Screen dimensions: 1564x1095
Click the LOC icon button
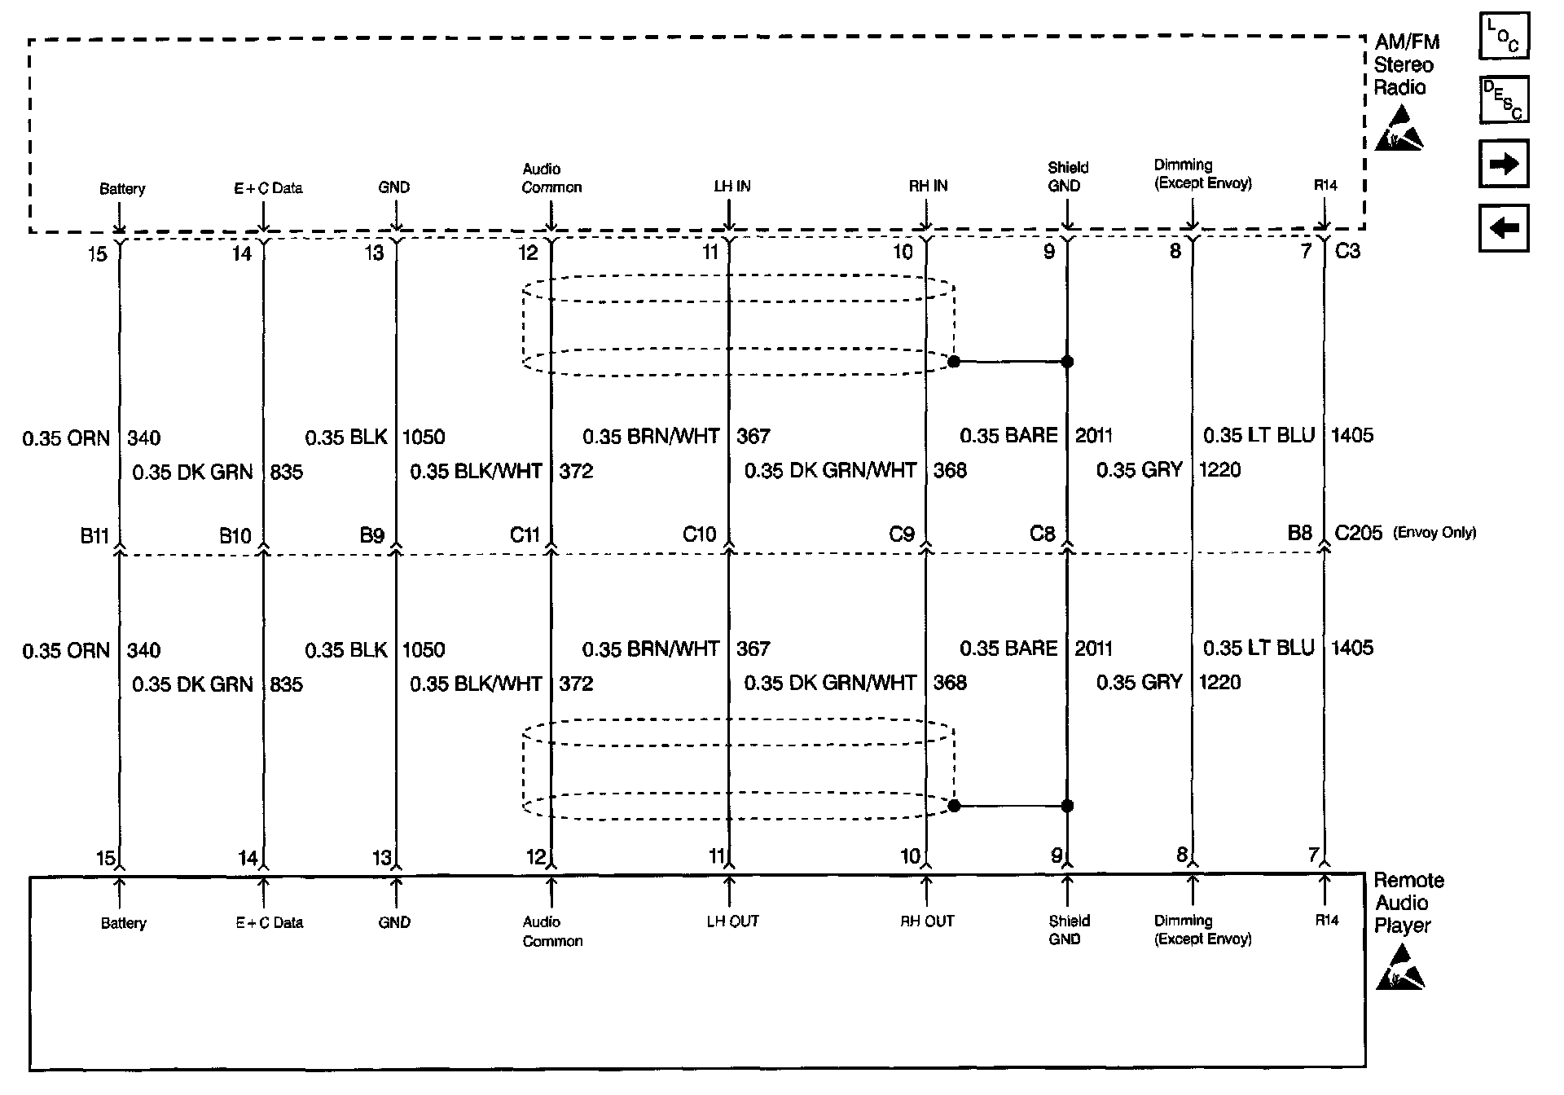pyautogui.click(x=1503, y=37)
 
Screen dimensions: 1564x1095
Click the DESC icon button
pyautogui.click(x=1503, y=99)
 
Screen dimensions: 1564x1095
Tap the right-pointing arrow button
pyautogui.click(x=1503, y=164)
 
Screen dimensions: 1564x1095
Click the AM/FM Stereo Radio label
pyautogui.click(x=1406, y=65)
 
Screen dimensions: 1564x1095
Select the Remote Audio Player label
pyautogui.click(x=1408, y=903)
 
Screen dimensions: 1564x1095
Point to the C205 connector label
pyautogui.click(x=1358, y=533)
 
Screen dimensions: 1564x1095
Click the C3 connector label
pyautogui.click(x=1347, y=251)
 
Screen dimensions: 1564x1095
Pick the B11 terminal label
pyautogui.click(x=94, y=535)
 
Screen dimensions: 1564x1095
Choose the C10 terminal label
pyautogui.click(x=699, y=534)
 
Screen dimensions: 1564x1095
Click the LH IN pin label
pyautogui.click(x=731, y=187)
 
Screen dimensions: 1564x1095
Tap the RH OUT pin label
pyautogui.click(x=927, y=921)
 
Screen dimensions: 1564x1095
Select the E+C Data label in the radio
pyautogui.click(x=268, y=188)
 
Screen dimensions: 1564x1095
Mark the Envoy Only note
pyautogui.click(x=1434, y=533)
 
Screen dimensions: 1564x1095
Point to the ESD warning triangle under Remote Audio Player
pyautogui.click(x=1399, y=968)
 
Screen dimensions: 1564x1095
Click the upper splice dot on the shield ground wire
pyautogui.click(x=1067, y=362)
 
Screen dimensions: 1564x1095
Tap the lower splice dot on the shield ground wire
pyautogui.click(x=1067, y=806)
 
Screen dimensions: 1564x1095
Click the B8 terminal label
pyautogui.click(x=1299, y=533)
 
